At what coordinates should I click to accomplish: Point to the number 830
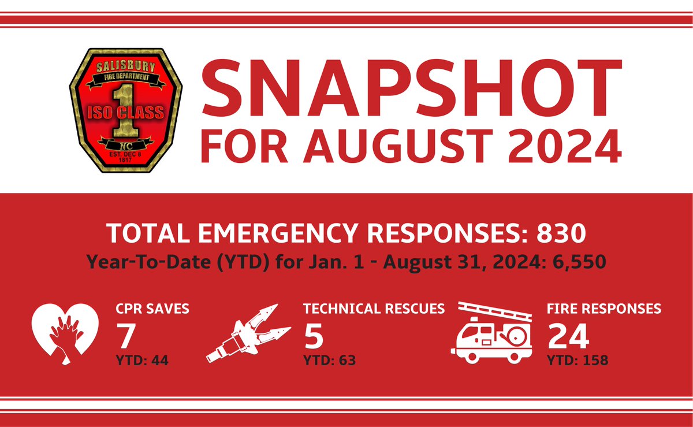562,233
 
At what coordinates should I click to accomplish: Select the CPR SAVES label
152,309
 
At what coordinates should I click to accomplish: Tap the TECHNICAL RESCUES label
374,309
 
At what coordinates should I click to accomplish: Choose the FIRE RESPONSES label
604,309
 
